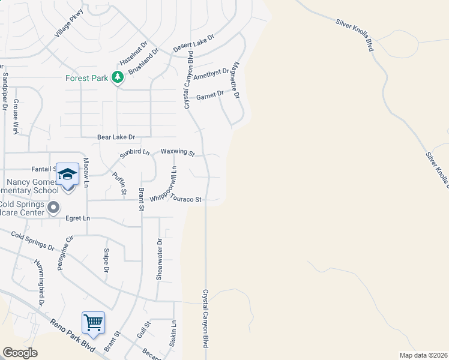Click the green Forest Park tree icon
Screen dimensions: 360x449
pos(118,77)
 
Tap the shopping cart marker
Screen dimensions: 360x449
pos(93,323)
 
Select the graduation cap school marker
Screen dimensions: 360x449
pos(68,174)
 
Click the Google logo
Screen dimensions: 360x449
pos(20,353)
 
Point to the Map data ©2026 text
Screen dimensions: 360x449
pos(423,355)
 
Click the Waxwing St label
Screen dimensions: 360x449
pos(178,153)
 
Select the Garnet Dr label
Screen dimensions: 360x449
pos(209,94)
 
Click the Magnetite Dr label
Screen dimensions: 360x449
pos(236,80)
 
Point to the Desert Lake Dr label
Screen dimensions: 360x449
pos(193,43)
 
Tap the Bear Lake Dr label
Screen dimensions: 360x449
pos(116,137)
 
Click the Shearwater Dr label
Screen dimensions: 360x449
pos(160,259)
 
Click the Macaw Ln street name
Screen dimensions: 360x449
pos(86,173)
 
